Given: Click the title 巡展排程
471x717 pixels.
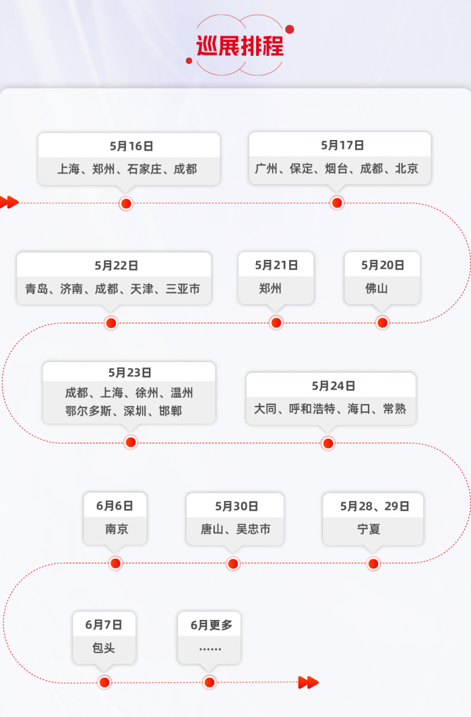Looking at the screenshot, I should (x=240, y=46).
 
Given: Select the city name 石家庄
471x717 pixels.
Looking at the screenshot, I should (x=144, y=169).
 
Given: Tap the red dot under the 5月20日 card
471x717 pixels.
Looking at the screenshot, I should (x=383, y=322).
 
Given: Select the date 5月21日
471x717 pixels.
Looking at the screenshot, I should (x=276, y=265).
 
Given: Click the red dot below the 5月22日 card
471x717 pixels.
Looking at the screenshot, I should (x=111, y=323).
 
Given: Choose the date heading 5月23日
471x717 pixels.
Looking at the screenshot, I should (x=130, y=372).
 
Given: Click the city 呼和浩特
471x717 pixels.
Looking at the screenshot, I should (x=312, y=409).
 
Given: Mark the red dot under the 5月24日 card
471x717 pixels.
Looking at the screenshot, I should (x=328, y=443).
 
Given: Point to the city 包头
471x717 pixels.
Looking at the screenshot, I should (x=104, y=648).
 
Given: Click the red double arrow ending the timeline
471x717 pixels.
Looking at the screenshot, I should (x=308, y=682).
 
